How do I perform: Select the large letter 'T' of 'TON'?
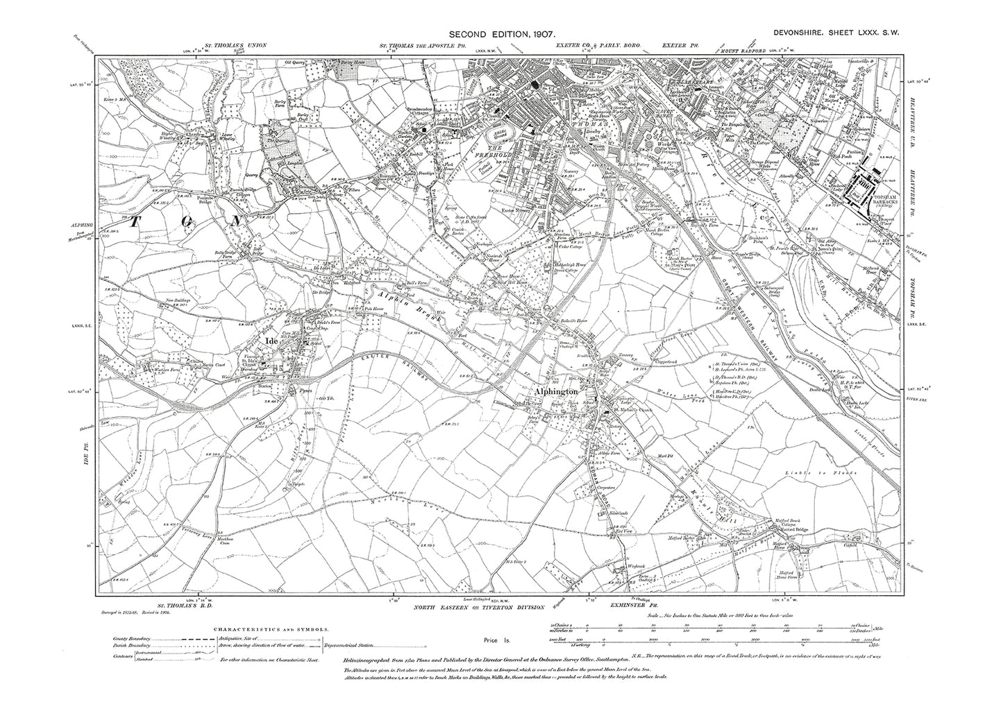pos(134,220)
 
